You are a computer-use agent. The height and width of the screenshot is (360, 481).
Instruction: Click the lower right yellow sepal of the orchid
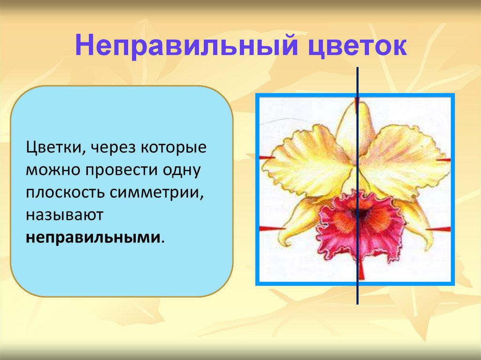coord(418,221)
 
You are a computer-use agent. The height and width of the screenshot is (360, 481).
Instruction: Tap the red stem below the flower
coord(361,271)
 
